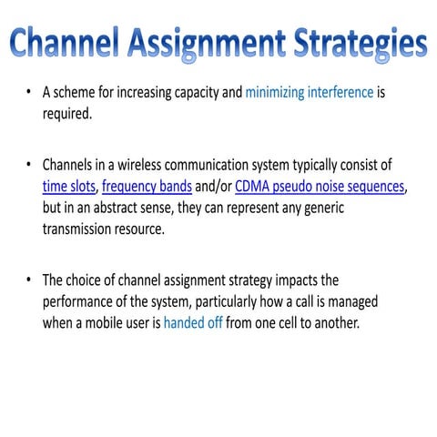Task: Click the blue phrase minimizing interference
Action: [309, 92]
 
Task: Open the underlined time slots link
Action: [70, 187]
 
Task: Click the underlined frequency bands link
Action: [147, 187]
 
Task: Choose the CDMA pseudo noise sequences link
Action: [320, 187]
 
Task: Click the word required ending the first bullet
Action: [68, 115]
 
